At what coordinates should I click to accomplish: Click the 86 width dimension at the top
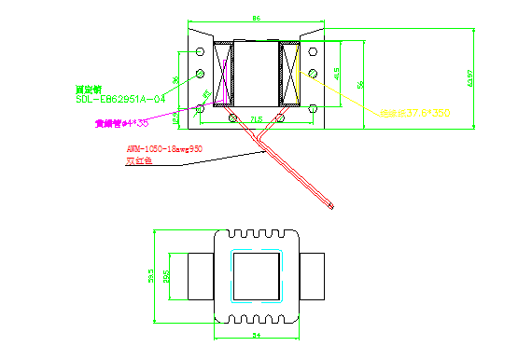pyautogui.click(x=257, y=19)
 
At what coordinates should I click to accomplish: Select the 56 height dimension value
pyautogui.click(x=359, y=86)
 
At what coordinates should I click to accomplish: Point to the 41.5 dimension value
pyautogui.click(x=337, y=73)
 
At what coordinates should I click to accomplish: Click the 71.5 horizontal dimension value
pyautogui.click(x=256, y=118)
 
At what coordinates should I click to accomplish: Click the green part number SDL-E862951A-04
pyautogui.click(x=120, y=98)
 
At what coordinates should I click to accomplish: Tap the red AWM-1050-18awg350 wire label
pyautogui.click(x=164, y=148)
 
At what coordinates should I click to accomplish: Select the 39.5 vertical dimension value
pyautogui.click(x=151, y=276)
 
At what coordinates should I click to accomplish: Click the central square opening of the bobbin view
pyautogui.click(x=257, y=277)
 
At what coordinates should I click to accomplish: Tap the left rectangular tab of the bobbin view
pyautogui.click(x=200, y=276)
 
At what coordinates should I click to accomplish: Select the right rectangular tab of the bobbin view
pyautogui.click(x=313, y=276)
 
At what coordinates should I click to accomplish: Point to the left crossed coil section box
pyautogui.click(x=222, y=73)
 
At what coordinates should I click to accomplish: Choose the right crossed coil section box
pyautogui.click(x=290, y=73)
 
